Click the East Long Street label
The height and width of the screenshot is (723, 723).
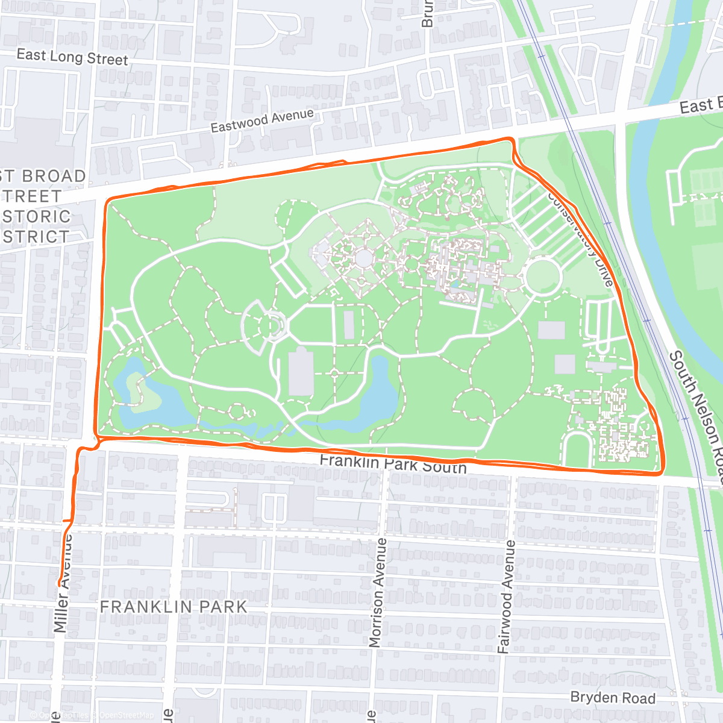pos(72,57)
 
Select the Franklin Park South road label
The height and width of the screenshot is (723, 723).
pos(393,463)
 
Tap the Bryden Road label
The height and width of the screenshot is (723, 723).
pos(612,698)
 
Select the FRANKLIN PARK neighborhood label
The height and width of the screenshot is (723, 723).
pos(174,607)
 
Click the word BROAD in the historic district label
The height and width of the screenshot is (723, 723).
pos(54,176)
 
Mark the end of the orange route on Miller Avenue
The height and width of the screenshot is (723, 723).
pos(59,584)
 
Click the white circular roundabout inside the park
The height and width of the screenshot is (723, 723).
pos(543,277)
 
